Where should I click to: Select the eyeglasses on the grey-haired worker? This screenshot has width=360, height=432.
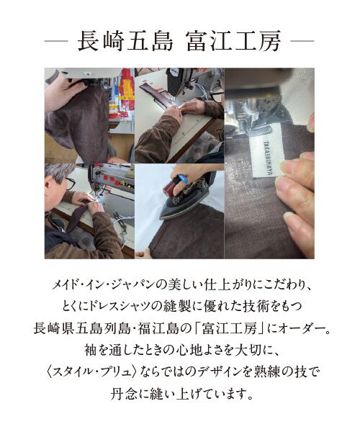click(x=69, y=183)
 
